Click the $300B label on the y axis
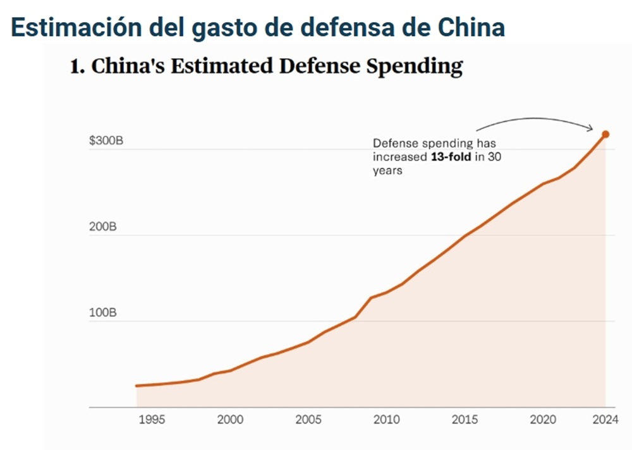106,141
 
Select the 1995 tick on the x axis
151,420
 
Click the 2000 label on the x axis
229,420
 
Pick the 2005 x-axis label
308,420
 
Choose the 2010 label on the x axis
386,420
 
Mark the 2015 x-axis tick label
465,420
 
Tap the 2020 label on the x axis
543,420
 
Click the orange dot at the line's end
605,134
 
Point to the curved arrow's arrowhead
591,129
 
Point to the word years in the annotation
387,171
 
